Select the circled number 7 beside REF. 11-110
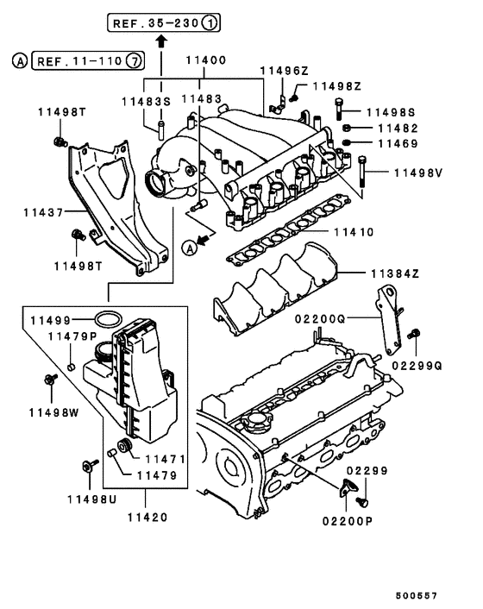point(133,61)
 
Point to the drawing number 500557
point(417,595)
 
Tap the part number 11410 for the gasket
point(351,233)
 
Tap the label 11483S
point(146,102)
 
